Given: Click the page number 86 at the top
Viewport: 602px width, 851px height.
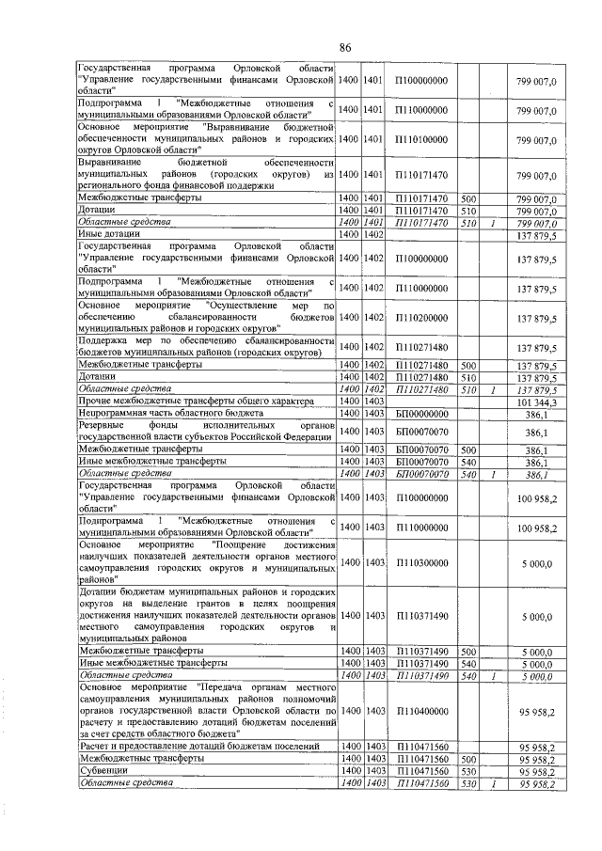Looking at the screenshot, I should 345,48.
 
